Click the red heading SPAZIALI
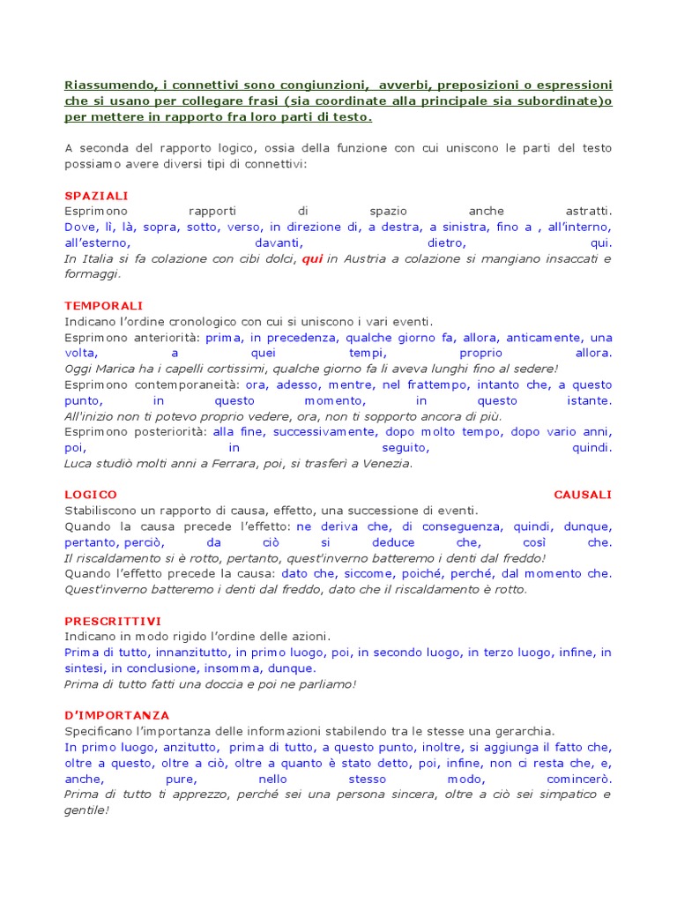[x=96, y=195]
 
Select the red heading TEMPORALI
[x=104, y=305]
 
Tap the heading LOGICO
[x=91, y=495]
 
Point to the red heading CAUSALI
[x=583, y=495]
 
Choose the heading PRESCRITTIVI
[x=113, y=621]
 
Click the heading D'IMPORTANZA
[x=117, y=715]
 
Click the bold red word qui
[x=312, y=258]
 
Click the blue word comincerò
[x=579, y=779]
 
